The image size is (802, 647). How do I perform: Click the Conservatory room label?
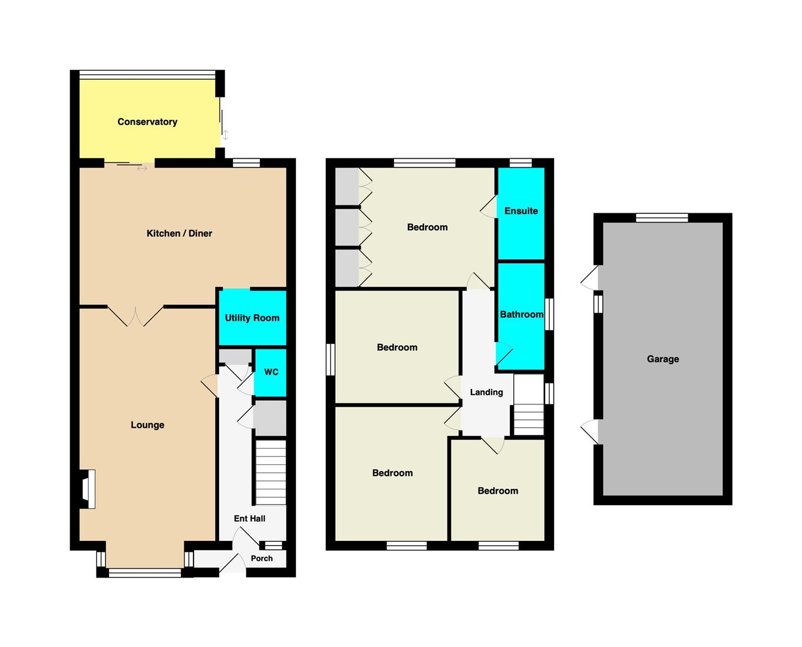(147, 122)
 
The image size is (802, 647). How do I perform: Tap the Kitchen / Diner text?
(179, 233)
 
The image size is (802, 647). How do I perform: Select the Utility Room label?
(252, 318)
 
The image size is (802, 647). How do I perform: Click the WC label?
(271, 372)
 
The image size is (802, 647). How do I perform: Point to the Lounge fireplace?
(87, 489)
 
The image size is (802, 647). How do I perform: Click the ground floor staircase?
(271, 472)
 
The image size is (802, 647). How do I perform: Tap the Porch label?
(262, 558)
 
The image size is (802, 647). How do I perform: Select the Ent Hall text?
(249, 518)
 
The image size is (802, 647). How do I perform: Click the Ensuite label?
(521, 211)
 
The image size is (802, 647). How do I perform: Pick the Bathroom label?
(521, 315)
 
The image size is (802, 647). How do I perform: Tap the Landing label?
(486, 392)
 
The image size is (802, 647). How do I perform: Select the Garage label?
(662, 359)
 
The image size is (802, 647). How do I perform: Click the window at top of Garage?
(661, 217)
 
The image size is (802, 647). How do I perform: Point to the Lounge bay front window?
(144, 573)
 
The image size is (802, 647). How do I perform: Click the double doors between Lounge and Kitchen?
(135, 316)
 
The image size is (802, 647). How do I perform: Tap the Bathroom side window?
(549, 314)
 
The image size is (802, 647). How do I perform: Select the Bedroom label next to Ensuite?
(427, 227)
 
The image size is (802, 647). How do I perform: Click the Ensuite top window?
(520, 163)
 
